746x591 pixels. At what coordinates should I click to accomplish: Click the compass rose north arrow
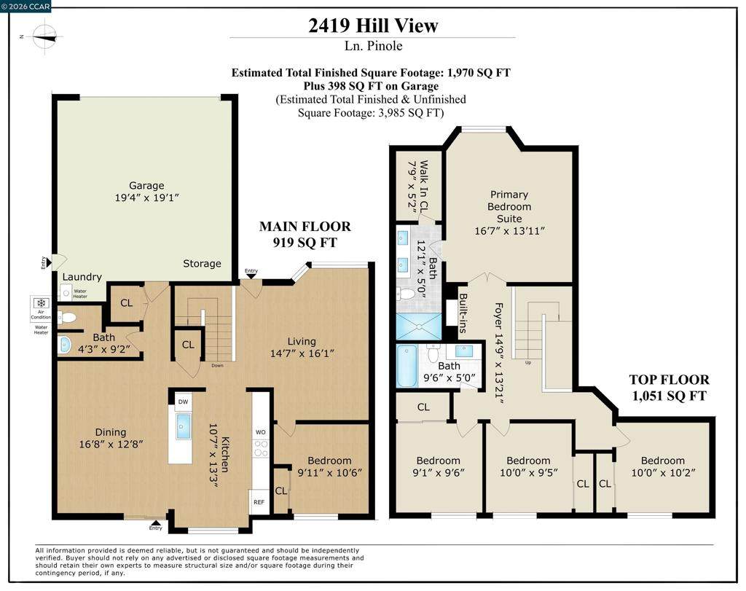click(44, 36)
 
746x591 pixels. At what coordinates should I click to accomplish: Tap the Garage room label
click(146, 186)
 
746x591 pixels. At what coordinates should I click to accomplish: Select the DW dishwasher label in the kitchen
click(183, 402)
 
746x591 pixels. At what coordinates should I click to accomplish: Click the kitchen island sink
click(183, 426)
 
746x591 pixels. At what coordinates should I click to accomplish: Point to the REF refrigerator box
click(259, 502)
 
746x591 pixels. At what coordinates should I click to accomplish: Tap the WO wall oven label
click(261, 432)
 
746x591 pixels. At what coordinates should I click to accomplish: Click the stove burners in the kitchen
click(261, 448)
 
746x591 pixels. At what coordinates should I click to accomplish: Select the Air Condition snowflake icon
click(41, 303)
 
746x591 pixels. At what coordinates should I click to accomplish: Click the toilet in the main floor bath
click(66, 318)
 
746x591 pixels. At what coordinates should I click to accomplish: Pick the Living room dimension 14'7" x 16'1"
click(302, 353)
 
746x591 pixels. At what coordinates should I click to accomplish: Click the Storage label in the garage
click(203, 264)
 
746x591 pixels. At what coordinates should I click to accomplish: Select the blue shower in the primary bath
click(419, 326)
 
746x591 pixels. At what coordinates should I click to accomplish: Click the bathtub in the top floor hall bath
click(407, 366)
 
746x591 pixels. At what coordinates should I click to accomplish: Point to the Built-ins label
click(463, 313)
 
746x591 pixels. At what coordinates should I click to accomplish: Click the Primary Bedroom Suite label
click(509, 206)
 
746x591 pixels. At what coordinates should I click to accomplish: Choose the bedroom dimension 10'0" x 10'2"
click(663, 473)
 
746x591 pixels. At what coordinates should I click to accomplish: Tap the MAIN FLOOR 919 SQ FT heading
click(305, 234)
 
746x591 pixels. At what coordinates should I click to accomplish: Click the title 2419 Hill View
click(373, 26)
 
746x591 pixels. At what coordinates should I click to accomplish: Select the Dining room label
click(111, 432)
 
